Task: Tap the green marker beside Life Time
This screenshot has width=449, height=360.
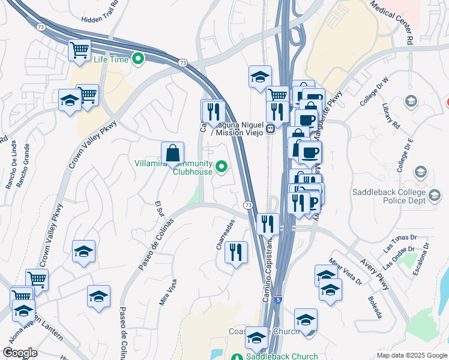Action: click(138, 59)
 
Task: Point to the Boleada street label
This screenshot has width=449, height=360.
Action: click(375, 305)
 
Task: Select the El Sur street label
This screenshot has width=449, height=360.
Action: click(159, 210)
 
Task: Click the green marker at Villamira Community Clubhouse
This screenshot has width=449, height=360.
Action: click(221, 167)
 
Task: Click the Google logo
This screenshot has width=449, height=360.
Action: click(20, 353)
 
